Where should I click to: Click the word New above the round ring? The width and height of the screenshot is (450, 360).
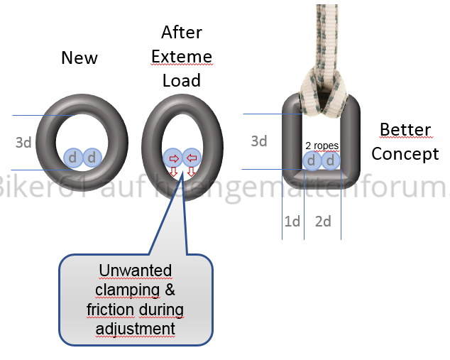coord(79,58)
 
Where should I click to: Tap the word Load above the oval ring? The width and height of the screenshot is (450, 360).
coord(182,80)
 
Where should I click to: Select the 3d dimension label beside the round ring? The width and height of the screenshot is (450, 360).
coord(23,142)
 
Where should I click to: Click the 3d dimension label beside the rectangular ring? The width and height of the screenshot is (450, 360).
coord(259,141)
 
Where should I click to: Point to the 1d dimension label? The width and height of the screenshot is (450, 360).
coord(292,222)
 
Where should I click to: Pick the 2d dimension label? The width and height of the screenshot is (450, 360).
coord(323,222)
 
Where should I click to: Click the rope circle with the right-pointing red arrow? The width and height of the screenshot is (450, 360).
coord(172,158)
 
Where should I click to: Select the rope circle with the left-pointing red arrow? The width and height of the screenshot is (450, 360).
coord(192,158)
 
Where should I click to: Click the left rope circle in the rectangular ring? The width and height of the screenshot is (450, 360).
coord(312,160)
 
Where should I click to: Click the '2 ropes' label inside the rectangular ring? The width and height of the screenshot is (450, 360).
coord(322,146)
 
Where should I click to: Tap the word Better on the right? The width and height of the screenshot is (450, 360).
coord(405,130)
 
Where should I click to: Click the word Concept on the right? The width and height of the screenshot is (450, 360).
coord(405,153)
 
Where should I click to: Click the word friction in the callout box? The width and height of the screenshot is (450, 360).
coord(111,310)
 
